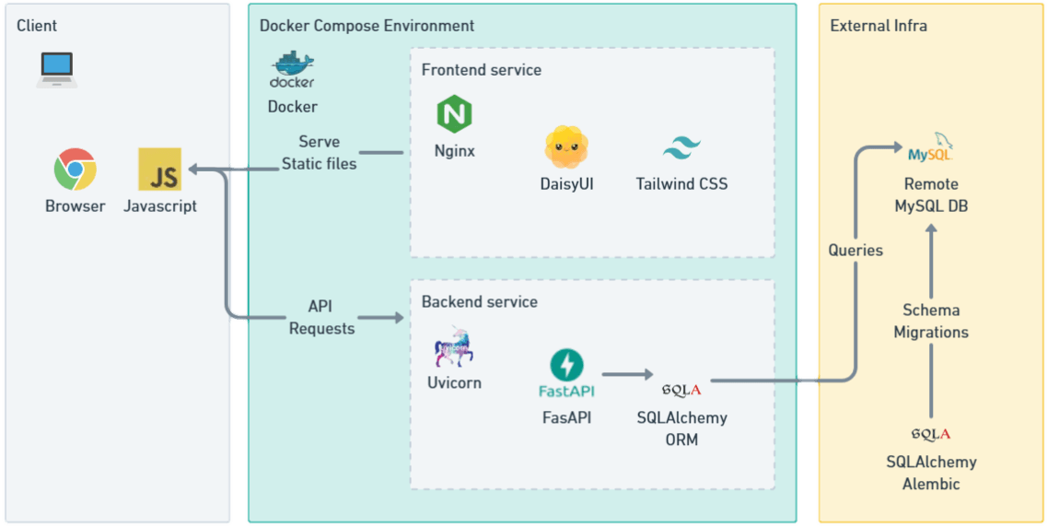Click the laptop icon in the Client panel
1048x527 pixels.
(x=57, y=69)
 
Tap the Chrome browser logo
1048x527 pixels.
(x=76, y=170)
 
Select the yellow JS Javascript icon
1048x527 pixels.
(x=159, y=170)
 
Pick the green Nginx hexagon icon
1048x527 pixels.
(x=454, y=115)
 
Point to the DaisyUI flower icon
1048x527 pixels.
(x=566, y=146)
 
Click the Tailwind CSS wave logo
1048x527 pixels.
(x=681, y=148)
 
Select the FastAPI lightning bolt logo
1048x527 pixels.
(x=566, y=364)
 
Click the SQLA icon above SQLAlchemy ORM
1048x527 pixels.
(x=681, y=389)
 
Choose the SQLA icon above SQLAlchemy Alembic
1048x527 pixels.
(x=930, y=433)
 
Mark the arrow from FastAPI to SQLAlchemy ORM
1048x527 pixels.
(x=625, y=375)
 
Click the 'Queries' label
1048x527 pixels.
(x=856, y=250)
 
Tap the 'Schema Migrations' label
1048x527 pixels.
(x=930, y=321)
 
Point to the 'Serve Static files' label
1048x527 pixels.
(x=319, y=152)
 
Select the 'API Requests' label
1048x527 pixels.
(x=321, y=316)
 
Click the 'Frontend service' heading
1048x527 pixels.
(x=481, y=70)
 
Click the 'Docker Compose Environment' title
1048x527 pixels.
(x=367, y=26)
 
